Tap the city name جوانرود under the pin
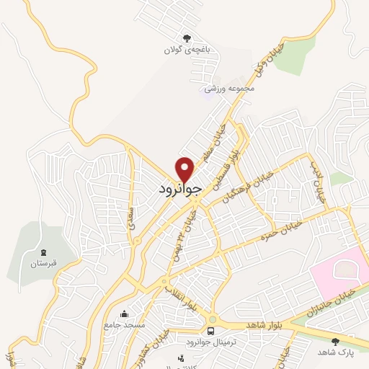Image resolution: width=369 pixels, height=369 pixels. click(x=184, y=189)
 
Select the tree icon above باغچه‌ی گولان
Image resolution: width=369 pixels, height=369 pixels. click(x=187, y=37)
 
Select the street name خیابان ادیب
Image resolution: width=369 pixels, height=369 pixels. click(x=319, y=184)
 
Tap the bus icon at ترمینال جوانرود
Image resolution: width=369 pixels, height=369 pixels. click(x=210, y=331)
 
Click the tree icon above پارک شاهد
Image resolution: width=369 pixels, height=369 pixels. click(x=335, y=341)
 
